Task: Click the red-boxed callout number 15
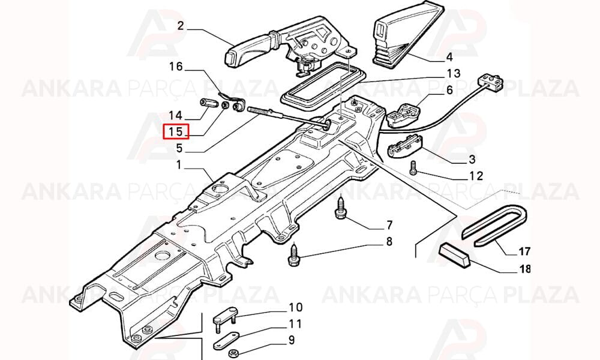pos(176,132)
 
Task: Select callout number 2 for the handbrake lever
pos(181,26)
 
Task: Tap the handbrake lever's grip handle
pos(245,50)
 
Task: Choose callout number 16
pos(176,67)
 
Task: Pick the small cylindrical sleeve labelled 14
pos(208,103)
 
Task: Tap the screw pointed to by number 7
pos(340,208)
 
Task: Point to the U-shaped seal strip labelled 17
pos(494,224)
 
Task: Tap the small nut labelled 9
pos(232,353)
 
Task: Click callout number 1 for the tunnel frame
pos(178,165)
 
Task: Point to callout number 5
pos(179,148)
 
